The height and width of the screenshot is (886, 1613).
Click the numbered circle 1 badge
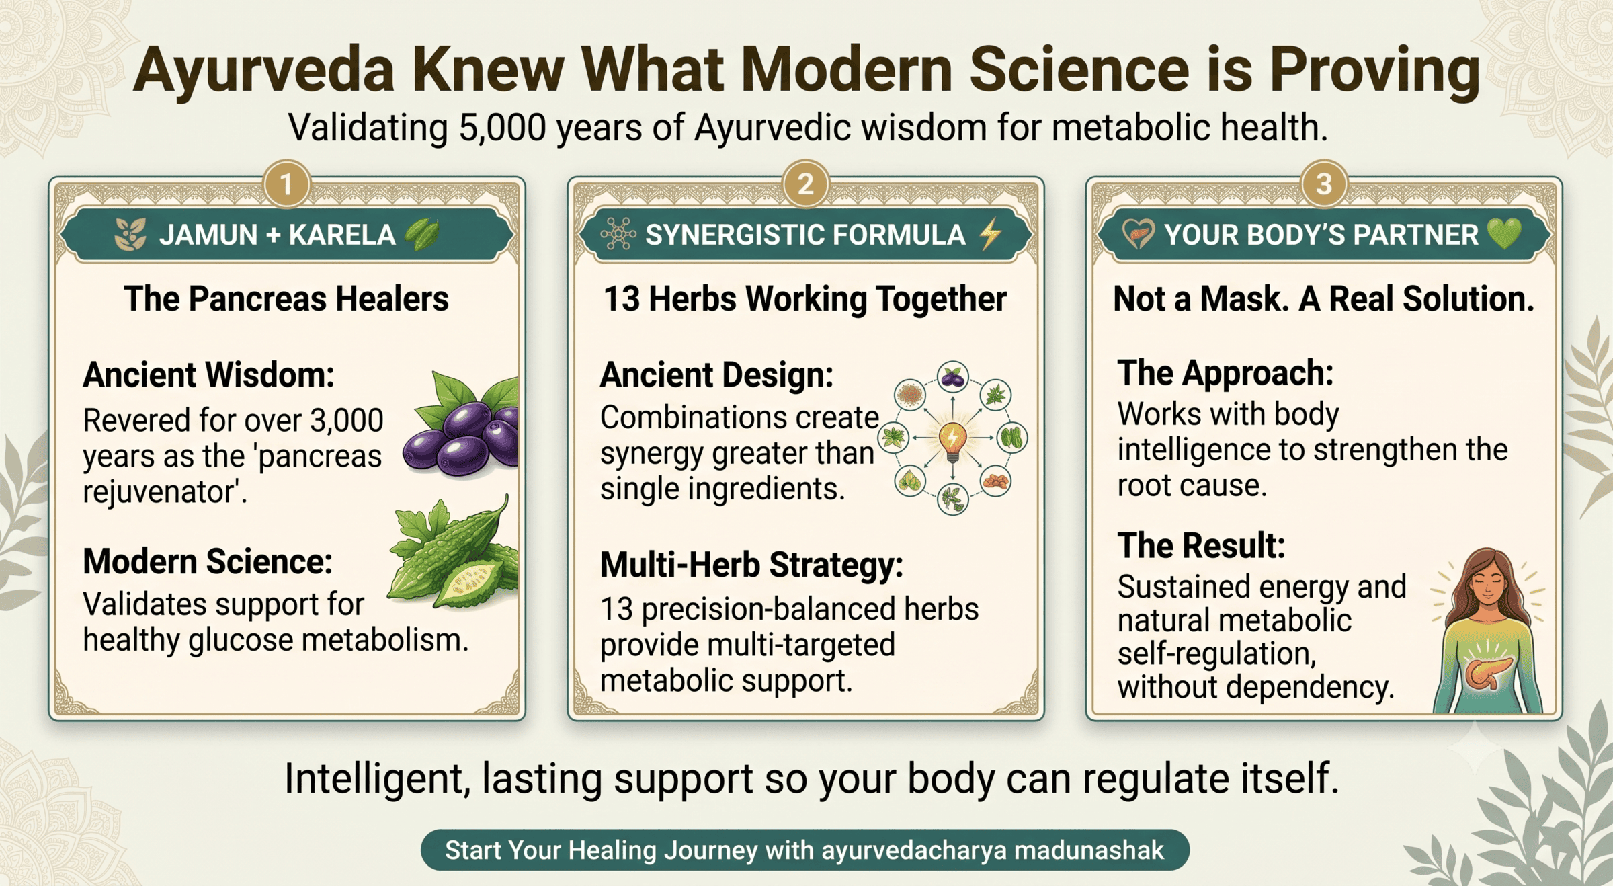[x=287, y=184]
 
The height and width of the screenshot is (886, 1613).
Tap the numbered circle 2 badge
[x=806, y=184]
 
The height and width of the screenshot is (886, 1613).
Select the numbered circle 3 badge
[x=1324, y=184]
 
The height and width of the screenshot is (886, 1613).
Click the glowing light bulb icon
[x=952, y=440]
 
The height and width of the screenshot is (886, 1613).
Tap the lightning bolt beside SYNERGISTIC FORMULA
[x=991, y=235]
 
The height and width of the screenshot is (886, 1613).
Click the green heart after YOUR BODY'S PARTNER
[x=1504, y=234]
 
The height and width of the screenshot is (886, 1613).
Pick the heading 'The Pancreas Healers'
[x=286, y=298]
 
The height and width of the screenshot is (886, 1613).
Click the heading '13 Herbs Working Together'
[x=805, y=298]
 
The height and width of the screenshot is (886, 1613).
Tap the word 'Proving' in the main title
[x=1375, y=71]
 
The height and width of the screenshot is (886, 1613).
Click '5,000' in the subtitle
[x=502, y=128]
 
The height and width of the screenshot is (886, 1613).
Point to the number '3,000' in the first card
[x=346, y=420]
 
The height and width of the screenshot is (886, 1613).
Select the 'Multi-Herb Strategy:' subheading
[x=751, y=565]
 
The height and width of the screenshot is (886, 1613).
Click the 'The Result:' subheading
[x=1201, y=545]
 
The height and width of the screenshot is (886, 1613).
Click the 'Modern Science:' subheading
[x=208, y=561]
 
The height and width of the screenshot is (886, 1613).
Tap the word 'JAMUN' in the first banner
[x=208, y=235]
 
